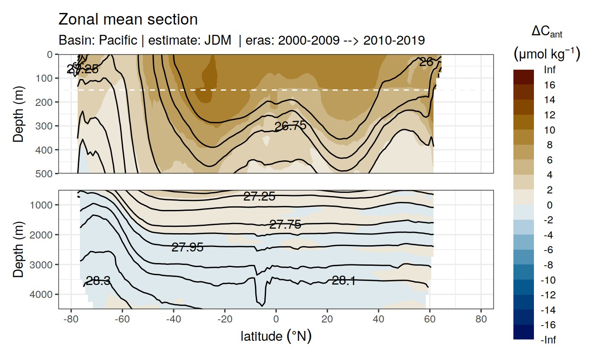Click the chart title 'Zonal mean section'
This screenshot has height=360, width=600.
128,20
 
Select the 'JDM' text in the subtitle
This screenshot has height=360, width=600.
217,41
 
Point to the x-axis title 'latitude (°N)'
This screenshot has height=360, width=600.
276,336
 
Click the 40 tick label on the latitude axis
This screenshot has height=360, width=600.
379,319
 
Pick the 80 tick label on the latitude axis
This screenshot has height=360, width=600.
481,319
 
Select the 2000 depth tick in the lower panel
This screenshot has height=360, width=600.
42,234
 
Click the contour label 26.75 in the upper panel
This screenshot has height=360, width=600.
290,126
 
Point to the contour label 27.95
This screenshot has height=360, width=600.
187,247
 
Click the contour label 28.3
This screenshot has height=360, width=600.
98,281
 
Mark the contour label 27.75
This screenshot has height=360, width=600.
285,225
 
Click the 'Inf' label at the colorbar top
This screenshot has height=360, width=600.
550,70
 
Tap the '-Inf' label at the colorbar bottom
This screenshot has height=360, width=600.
549,340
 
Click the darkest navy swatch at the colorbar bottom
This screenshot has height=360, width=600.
524,332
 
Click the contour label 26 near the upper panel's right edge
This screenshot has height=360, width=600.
426,62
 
